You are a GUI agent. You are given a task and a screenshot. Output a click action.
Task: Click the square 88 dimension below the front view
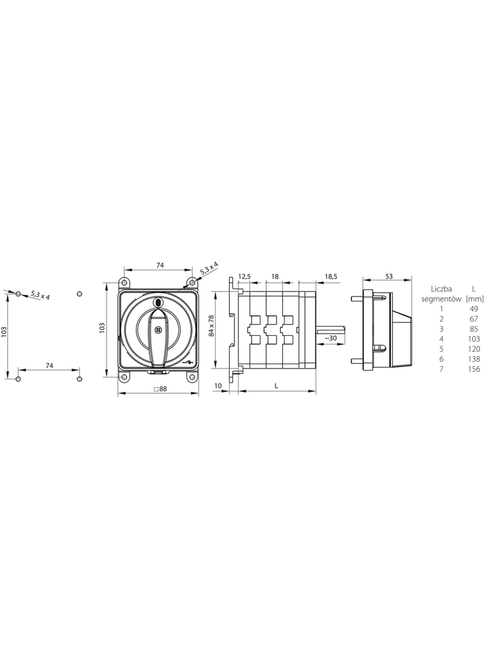tap(161, 389)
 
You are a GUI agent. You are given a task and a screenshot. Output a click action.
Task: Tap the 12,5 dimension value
tap(244, 276)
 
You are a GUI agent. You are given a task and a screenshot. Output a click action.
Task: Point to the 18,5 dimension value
tap(331, 276)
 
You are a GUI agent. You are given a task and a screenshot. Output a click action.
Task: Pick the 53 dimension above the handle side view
tap(388, 276)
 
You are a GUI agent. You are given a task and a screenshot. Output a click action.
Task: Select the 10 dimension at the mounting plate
tap(217, 385)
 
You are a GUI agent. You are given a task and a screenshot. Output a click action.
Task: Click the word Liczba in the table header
tap(441, 288)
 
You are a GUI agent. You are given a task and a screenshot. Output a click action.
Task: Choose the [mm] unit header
tap(474, 299)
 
